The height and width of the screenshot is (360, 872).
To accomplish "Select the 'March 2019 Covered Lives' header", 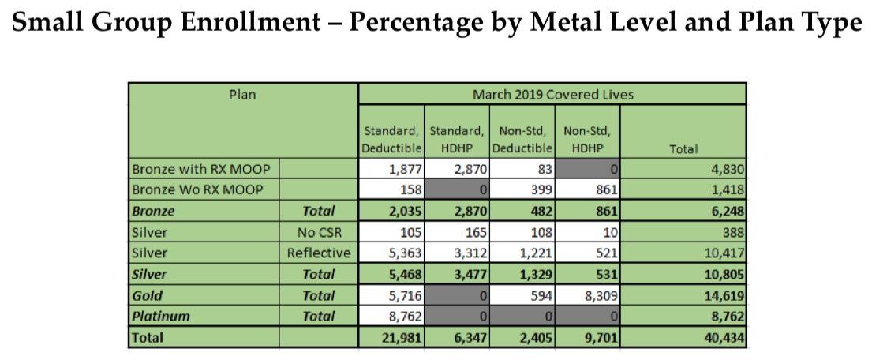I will point(552,95).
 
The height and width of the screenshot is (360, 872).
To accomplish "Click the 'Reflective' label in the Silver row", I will point(318,253).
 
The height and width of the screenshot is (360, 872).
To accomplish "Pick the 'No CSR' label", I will point(318,232).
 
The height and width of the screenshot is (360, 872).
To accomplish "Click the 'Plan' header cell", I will point(242,95).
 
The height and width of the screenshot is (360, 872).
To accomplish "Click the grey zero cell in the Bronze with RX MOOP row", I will point(587,169).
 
